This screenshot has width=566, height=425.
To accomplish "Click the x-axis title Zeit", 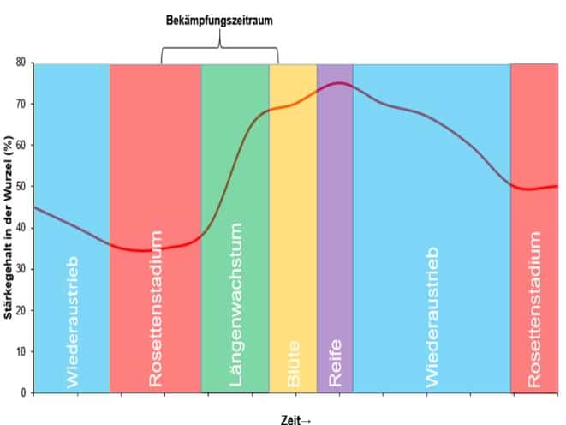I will tap(295, 419).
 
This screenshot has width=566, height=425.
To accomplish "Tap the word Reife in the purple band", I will tap(335, 362).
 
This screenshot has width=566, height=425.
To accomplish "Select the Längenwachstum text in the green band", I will tap(236, 304).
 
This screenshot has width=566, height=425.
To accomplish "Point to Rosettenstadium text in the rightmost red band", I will tap(536, 308).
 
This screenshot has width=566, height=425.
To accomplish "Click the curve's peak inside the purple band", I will tap(340, 83).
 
